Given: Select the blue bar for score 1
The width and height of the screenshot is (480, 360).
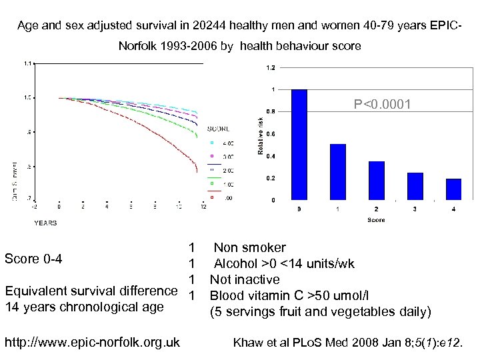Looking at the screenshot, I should point(337,172).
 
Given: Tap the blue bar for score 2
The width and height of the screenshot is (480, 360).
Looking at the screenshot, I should point(376,180).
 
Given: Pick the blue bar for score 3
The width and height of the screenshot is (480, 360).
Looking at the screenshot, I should point(415,186).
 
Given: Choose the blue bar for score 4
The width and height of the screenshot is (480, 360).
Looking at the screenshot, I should point(453,189).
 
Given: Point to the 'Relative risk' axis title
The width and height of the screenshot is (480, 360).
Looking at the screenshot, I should point(260,137).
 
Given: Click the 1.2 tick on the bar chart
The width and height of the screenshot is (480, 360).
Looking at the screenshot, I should point(271,67).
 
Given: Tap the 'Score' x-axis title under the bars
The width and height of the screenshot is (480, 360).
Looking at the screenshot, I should point(376,219).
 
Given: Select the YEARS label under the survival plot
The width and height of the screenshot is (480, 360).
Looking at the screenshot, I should point(45,223).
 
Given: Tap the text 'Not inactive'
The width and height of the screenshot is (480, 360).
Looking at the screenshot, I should point(245,279).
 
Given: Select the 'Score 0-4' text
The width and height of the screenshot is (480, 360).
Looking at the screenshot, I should point(33,259).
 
